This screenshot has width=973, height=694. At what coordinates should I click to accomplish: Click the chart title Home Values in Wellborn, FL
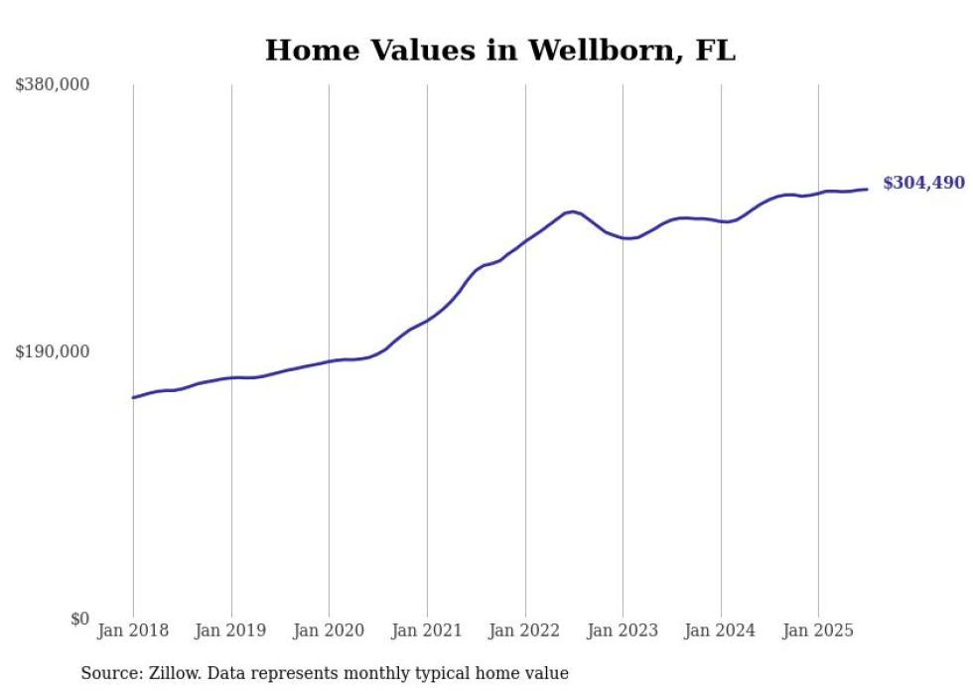pos(500,51)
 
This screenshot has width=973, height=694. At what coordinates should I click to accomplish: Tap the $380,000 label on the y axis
pos(53,85)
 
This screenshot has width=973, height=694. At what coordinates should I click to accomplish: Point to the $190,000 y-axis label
pos(53,351)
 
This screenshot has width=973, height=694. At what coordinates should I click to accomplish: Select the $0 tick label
pos(79,619)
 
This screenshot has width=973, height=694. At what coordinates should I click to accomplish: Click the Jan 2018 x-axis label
pos(133,630)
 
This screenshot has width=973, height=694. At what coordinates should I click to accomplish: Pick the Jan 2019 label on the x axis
pos(231,630)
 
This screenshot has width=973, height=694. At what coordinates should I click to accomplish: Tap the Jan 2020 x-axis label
pos(329,630)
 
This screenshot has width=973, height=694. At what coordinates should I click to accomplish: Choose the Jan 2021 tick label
pos(427,630)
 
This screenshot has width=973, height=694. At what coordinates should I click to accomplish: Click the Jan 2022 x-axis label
pos(525,630)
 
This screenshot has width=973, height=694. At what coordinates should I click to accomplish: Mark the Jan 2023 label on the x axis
pos(623,630)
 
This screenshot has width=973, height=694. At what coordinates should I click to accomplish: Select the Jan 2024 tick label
pos(721,630)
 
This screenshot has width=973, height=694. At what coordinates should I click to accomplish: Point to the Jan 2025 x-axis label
pos(818,630)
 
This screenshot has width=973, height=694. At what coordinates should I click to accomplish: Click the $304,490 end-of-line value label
pos(923,183)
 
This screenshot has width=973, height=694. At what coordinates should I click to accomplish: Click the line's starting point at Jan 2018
pos(133,397)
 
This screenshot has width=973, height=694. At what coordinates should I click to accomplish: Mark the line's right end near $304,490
pos(867,190)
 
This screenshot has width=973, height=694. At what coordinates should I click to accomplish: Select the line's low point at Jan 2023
pos(627,238)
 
